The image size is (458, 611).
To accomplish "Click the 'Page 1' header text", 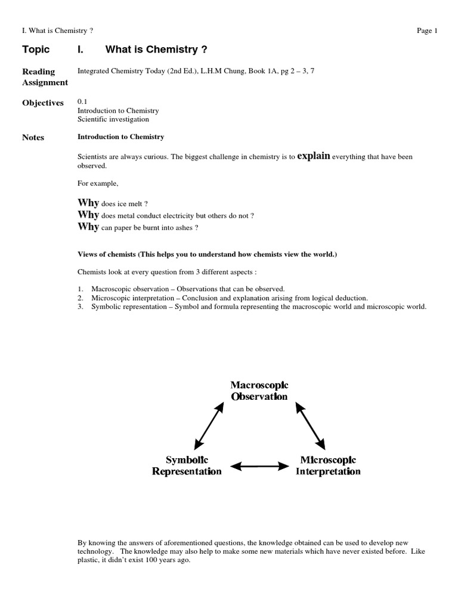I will click(427, 31).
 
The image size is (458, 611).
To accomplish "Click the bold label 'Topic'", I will click(36, 50).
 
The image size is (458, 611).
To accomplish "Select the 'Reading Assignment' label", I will click(45, 77).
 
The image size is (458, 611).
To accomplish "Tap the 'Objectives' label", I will click(42, 103).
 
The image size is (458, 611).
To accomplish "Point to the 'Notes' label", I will click(33, 137).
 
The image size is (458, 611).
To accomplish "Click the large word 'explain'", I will click(313, 156).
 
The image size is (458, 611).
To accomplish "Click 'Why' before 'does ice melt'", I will click(88, 203).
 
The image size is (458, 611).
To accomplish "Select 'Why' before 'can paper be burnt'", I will click(88, 227).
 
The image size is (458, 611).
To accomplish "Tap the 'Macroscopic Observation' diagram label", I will click(259, 391).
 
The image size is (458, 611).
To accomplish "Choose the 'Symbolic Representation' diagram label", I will click(187, 465).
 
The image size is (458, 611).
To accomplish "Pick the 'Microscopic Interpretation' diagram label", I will click(328, 465).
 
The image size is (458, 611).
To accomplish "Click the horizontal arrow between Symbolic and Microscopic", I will click(259, 465).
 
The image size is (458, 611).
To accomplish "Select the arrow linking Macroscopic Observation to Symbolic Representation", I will click(209, 425).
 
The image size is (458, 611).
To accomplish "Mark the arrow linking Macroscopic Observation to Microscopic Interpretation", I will click(310, 425).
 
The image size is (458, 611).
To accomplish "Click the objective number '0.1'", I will click(82, 102).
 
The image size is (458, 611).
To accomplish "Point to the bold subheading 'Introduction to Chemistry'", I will click(120, 137).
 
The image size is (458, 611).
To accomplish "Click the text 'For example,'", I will click(96, 185).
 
